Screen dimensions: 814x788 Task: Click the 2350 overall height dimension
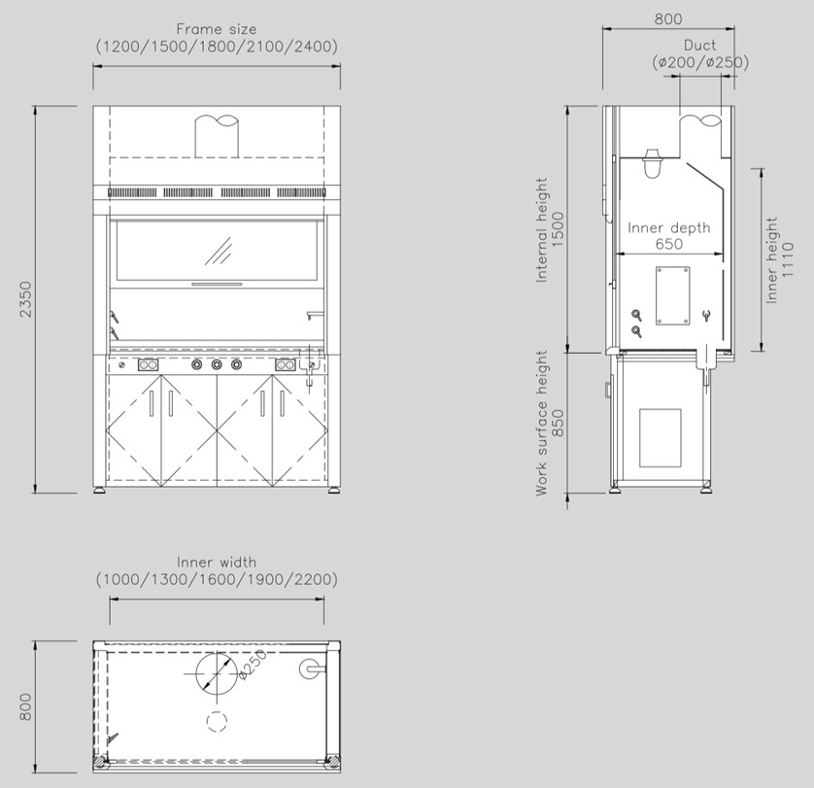pyautogui.click(x=25, y=299)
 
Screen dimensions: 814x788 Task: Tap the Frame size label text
pyautogui.click(x=217, y=28)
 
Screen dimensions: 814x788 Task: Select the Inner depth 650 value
pyautogui.click(x=669, y=244)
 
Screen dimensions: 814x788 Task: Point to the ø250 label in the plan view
pyautogui.click(x=253, y=665)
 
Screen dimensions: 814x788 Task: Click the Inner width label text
pyautogui.click(x=217, y=562)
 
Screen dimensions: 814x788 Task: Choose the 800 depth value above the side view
pyautogui.click(x=668, y=19)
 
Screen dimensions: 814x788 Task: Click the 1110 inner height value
pyautogui.click(x=788, y=259)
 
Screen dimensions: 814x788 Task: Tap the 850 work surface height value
pyautogui.click(x=557, y=423)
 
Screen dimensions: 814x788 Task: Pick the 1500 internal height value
pyautogui.click(x=557, y=229)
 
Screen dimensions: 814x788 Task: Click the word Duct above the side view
pyautogui.click(x=699, y=46)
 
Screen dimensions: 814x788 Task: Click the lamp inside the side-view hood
pyautogui.click(x=652, y=163)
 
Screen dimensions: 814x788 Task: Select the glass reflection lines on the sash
pyautogui.click(x=218, y=252)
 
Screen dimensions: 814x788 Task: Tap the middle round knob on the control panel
pyautogui.click(x=217, y=365)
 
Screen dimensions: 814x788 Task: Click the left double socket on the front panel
pyautogui.click(x=148, y=365)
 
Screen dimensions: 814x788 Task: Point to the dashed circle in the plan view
pyautogui.click(x=217, y=721)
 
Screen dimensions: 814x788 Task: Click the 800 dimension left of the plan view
pyautogui.click(x=25, y=707)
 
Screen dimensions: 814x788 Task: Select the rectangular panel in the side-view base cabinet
pyautogui.click(x=660, y=438)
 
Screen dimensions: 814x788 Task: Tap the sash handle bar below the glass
pyautogui.click(x=217, y=284)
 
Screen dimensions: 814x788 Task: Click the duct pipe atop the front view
pyautogui.click(x=217, y=136)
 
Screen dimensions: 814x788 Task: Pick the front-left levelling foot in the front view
pyautogui.click(x=100, y=490)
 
